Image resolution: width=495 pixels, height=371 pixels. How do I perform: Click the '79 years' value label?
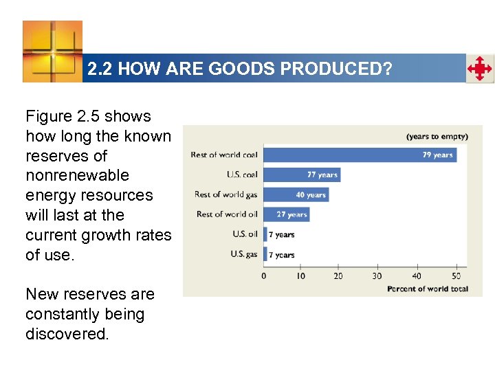coord(437,155)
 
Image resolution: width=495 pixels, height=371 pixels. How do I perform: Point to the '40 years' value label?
coord(311,194)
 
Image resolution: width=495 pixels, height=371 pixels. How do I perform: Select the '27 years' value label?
coord(291,214)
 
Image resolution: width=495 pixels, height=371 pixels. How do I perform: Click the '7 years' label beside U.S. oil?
coord(281,234)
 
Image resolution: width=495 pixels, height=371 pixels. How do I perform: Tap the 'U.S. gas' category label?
coord(244,254)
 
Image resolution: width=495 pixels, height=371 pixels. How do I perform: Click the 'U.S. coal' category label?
coord(242,175)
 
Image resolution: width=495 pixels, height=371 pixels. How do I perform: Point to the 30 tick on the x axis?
coord(377,276)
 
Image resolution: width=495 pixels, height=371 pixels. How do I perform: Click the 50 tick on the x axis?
coord(456,276)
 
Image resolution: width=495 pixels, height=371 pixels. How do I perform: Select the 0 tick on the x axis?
coord(264,276)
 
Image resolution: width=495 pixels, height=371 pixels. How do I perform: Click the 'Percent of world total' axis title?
coord(427,289)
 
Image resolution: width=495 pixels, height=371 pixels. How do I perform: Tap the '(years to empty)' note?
coord(437,136)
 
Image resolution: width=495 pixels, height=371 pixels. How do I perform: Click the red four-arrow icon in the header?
coord(479,69)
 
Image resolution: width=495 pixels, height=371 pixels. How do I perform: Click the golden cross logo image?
coord(52,52)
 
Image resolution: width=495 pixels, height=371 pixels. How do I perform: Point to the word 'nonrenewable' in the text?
coord(77,175)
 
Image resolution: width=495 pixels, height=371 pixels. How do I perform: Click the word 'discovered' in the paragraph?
coord(65,334)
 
